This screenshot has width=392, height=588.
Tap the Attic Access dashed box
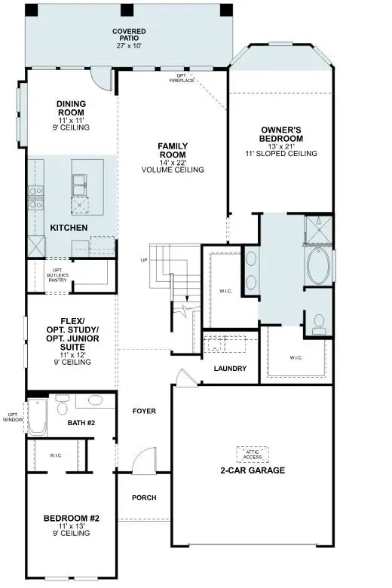[x=253, y=454]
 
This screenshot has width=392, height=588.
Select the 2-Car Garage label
[x=253, y=470]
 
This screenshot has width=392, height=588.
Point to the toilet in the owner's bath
[x=319, y=324]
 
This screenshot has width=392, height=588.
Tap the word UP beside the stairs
[x=143, y=260]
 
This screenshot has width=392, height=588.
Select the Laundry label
[x=230, y=369]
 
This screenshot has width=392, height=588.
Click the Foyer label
[x=144, y=412]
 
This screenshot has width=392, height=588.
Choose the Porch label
[x=144, y=498]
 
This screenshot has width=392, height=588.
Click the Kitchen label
[x=69, y=228]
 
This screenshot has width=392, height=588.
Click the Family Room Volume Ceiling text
[x=173, y=170]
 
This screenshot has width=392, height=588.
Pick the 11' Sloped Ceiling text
[x=281, y=154]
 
